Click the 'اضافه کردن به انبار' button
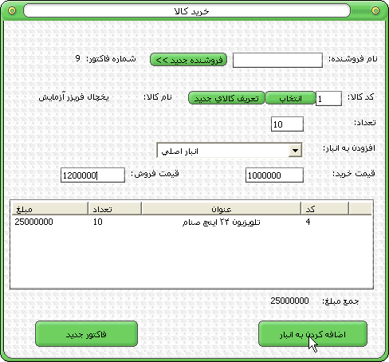[312, 334]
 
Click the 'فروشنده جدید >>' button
[188, 60]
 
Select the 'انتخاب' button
[290, 98]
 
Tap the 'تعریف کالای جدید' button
[226, 98]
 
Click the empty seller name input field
[277, 60]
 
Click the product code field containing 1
[328, 99]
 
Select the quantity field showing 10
[287, 124]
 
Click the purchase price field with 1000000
[274, 175]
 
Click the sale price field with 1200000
[92, 175]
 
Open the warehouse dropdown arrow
[295, 151]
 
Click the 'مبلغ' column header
[50, 208]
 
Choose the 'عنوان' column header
[221, 208]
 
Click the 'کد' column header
[324, 208]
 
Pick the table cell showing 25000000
[33, 222]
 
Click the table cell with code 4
[308, 222]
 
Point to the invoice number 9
[77, 58]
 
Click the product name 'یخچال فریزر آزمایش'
[73, 97]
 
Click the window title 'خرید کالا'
[191, 11]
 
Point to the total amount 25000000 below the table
[289, 301]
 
